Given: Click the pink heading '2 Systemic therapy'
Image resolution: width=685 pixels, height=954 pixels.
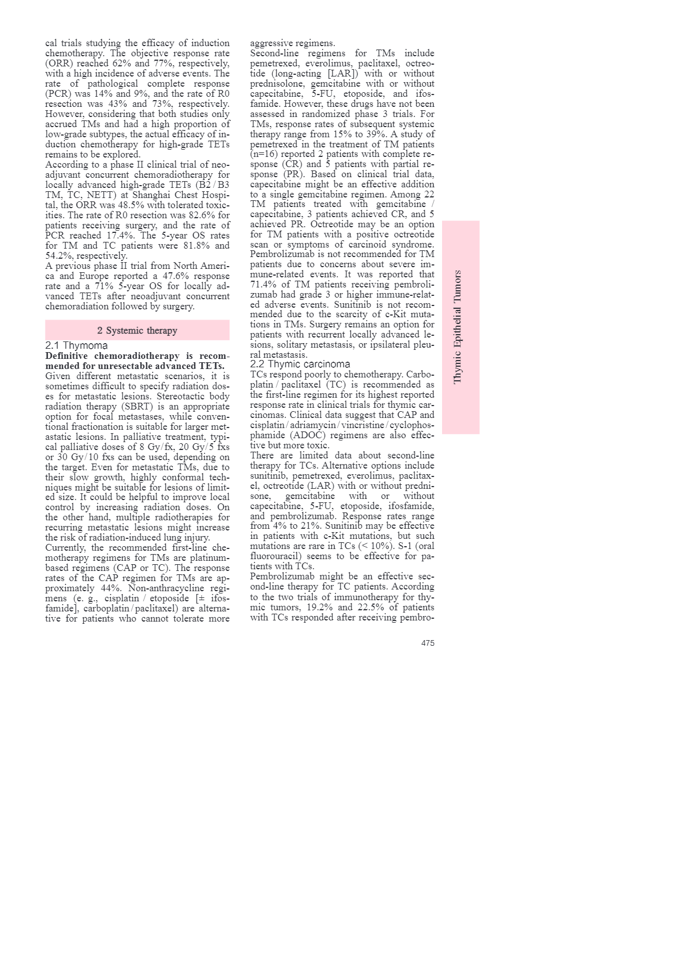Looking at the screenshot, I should click(137, 331).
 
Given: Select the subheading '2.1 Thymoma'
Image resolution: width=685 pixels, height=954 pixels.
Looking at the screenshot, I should click(76, 345).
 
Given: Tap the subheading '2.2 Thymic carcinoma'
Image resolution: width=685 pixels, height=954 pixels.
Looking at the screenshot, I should click(300, 364).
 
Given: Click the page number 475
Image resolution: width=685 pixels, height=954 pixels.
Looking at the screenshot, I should click(427, 643).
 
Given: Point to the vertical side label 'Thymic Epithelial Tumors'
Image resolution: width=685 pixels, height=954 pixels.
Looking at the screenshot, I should click(457, 327).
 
